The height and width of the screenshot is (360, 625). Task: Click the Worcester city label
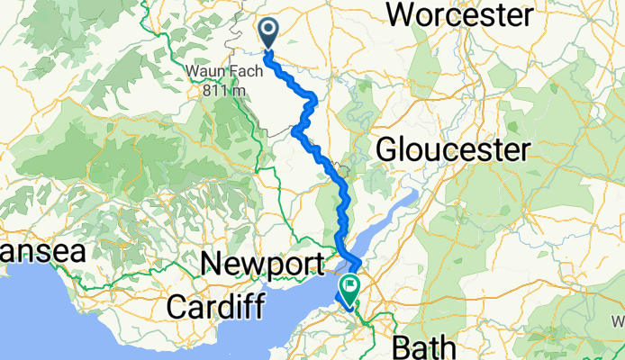pos(459,14)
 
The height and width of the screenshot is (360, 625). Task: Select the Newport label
pos(262,265)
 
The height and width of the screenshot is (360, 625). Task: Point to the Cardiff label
pos(215,306)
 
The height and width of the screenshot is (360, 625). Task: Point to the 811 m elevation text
pos(220,89)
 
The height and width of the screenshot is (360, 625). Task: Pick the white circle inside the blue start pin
pos(269,31)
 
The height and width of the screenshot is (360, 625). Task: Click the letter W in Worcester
pos(399,14)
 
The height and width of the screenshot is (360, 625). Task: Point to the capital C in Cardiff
pos(177,306)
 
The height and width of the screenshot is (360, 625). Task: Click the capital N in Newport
pos(213,265)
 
